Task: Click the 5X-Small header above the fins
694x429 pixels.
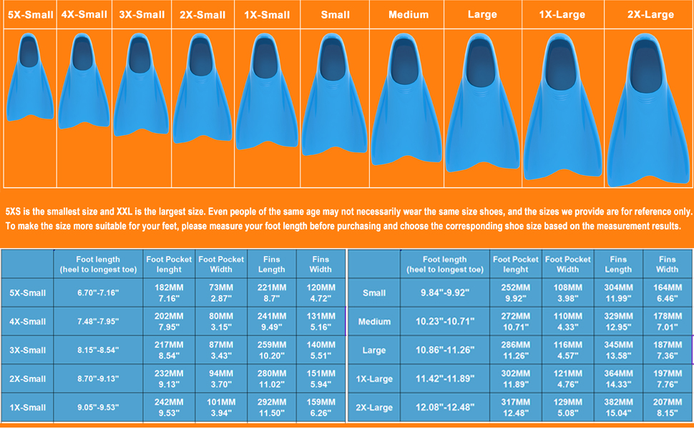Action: tap(29, 14)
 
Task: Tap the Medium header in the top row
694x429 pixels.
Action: tap(409, 14)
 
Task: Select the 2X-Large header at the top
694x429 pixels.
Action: tap(650, 14)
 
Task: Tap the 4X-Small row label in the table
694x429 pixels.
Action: tap(28, 321)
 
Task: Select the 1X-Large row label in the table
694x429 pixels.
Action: tap(374, 379)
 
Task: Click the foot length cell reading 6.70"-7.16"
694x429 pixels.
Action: tap(97, 292)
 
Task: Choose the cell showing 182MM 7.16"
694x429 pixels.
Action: tap(170, 292)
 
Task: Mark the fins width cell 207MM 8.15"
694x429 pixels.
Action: tap(667, 408)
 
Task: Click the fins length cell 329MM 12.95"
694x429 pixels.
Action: tap(618, 321)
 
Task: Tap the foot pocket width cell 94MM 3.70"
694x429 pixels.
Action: tap(221, 379)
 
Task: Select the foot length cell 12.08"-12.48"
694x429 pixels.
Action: tap(444, 408)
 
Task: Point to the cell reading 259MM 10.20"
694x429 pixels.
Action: tap(270, 350)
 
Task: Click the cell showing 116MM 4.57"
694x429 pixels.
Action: tap(567, 350)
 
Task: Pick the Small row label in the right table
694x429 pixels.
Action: tap(374, 292)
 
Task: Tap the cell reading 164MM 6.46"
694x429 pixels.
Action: tap(667, 292)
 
